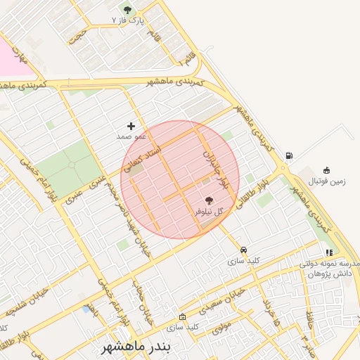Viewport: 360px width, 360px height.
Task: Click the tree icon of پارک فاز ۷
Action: tap(127, 10)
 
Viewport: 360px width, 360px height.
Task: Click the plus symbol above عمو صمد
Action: tap(131, 126)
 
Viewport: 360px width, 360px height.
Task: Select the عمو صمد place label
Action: tap(131, 136)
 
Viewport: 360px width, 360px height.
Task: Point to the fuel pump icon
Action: tap(290, 155)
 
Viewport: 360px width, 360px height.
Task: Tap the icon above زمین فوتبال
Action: tap(326, 169)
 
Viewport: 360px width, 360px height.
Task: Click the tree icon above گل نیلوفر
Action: tap(207, 200)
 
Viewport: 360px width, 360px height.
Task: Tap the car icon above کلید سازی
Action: tap(243, 250)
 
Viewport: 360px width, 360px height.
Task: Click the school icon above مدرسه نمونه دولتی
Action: tap(328, 253)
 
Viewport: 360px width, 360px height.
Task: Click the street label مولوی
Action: tap(221, 326)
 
